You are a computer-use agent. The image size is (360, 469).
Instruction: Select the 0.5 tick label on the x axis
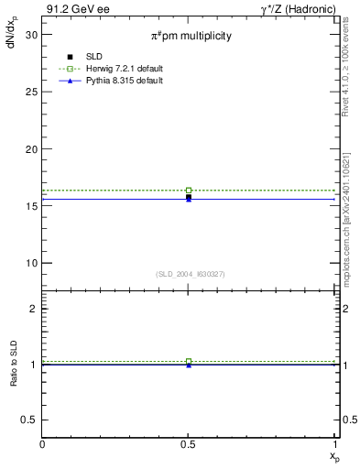(x=189, y=444)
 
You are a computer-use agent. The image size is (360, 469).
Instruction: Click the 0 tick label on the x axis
(x=43, y=444)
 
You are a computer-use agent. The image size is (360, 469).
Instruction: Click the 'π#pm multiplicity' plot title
(x=191, y=36)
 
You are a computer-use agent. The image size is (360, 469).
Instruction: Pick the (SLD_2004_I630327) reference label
(x=190, y=274)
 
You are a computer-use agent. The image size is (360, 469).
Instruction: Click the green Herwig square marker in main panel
(x=189, y=191)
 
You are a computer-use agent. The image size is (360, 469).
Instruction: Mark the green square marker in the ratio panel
(x=189, y=362)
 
